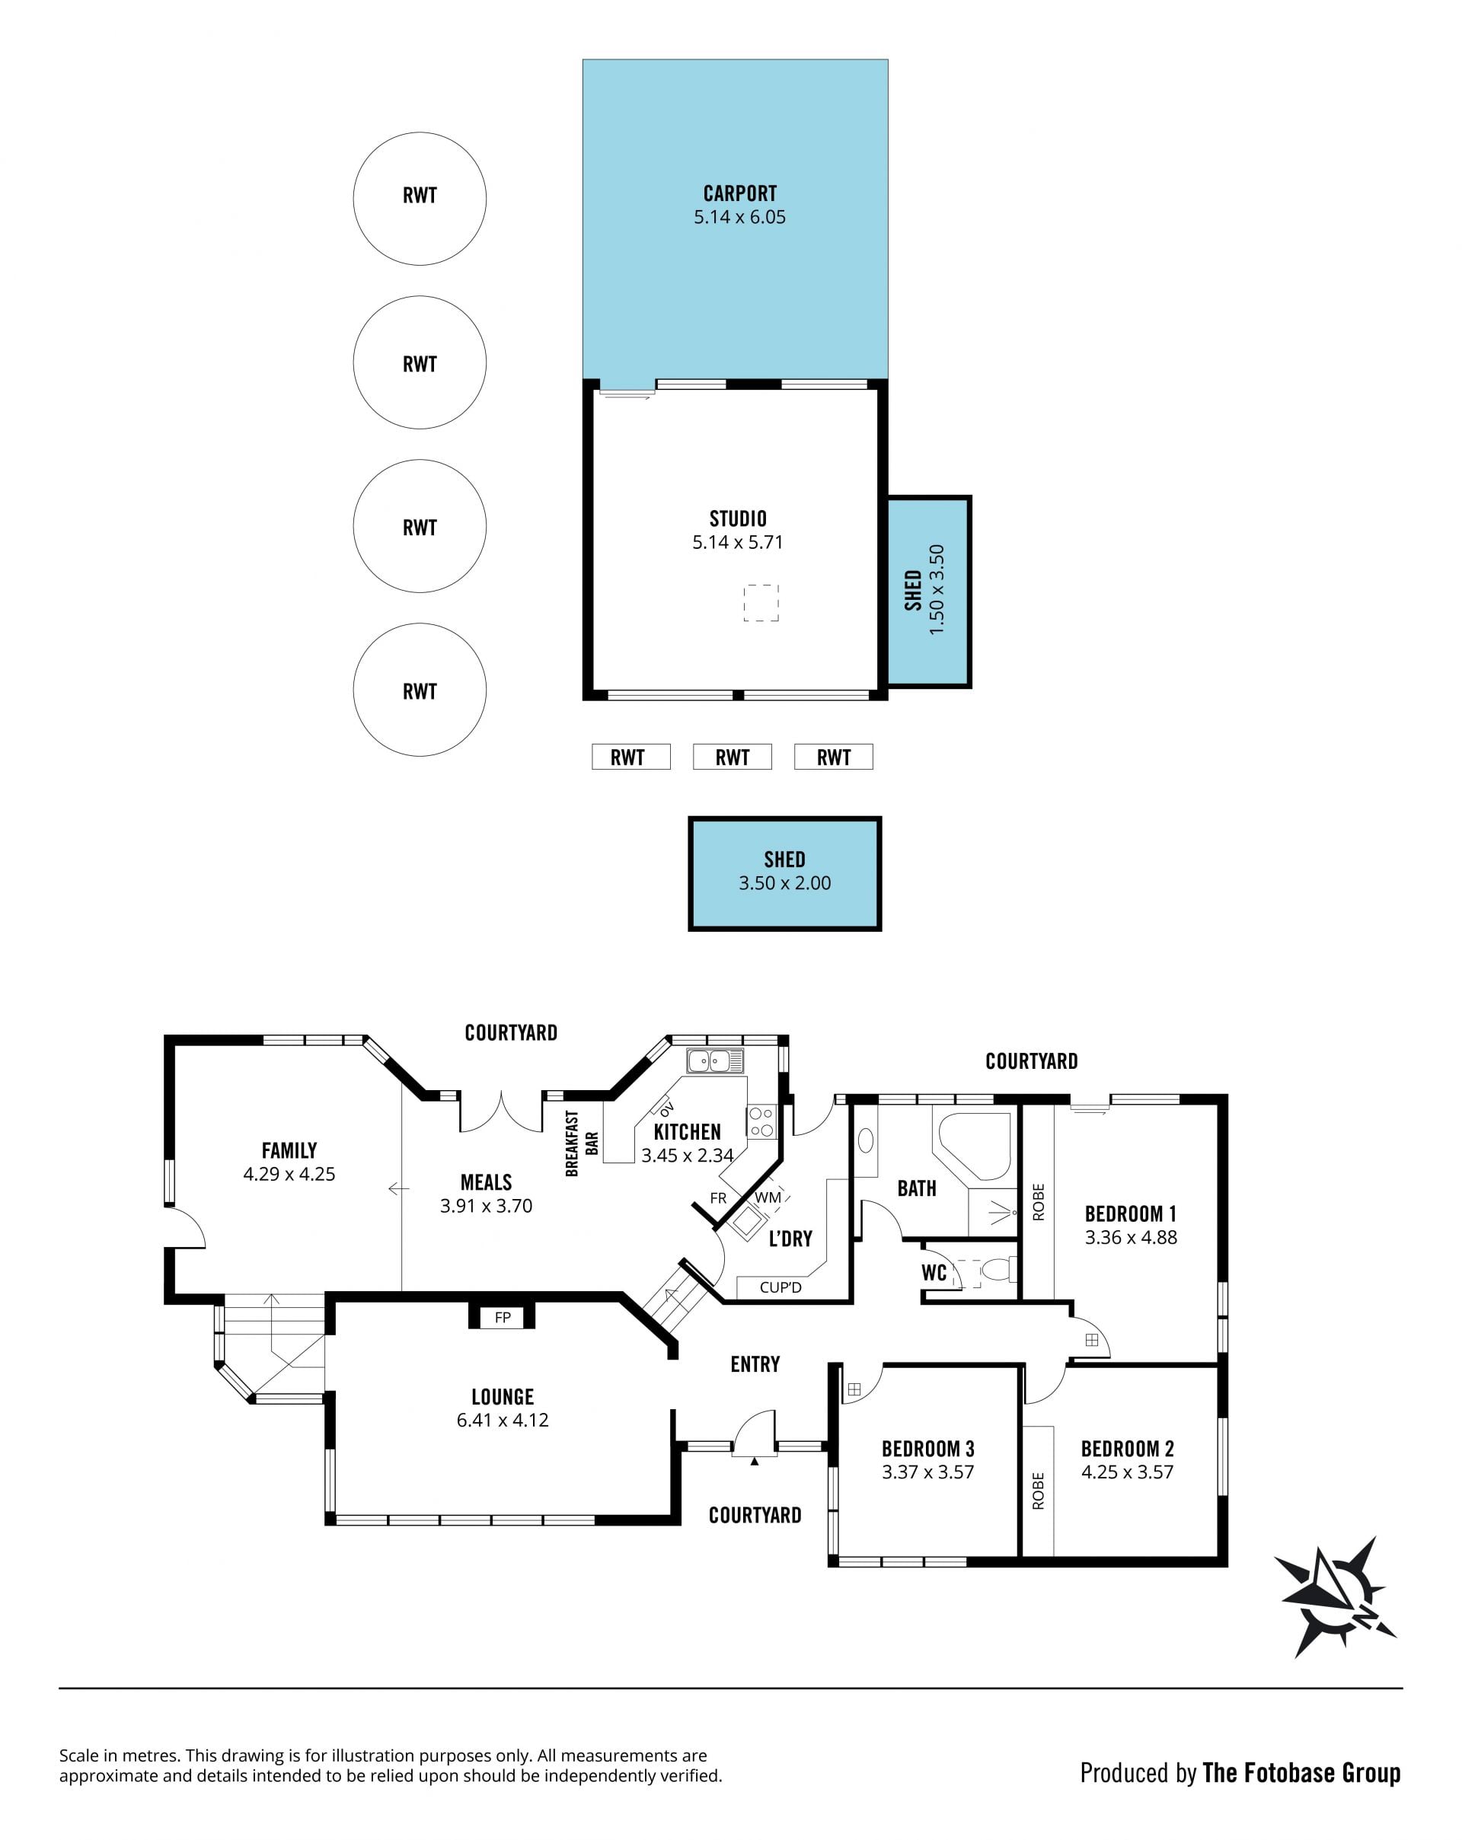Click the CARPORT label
(x=739, y=193)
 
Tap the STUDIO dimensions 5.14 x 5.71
(x=737, y=542)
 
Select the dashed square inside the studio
(x=761, y=602)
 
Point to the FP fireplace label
(x=503, y=1317)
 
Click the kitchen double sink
(x=715, y=1060)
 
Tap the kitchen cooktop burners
(x=761, y=1121)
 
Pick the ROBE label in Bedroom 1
(x=1038, y=1201)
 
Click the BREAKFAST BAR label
(x=581, y=1143)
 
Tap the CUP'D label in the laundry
(x=780, y=1287)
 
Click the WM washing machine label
(x=768, y=1197)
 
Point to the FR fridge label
(x=719, y=1198)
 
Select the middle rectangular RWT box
(x=733, y=757)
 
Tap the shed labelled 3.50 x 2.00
(x=784, y=874)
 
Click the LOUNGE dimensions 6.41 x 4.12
(x=503, y=1420)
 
